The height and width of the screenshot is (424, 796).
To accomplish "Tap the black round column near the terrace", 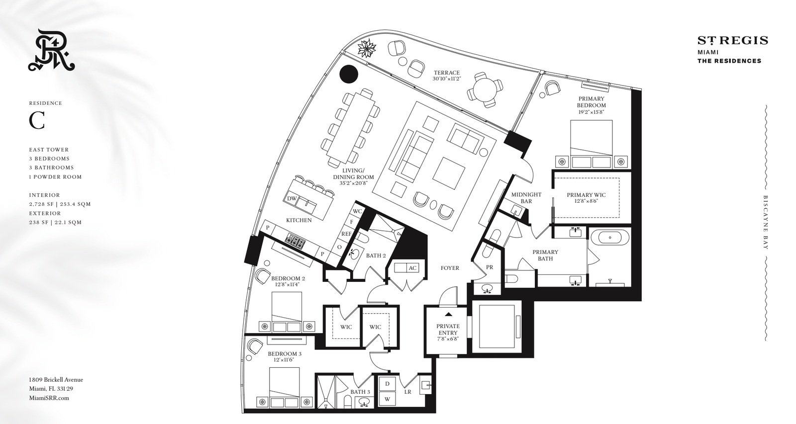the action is [x=349, y=74].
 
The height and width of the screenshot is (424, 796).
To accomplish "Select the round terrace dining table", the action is [x=485, y=89].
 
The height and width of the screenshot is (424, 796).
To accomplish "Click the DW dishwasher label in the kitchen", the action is [x=292, y=198].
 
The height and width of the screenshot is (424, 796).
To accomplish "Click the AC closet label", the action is [x=412, y=268].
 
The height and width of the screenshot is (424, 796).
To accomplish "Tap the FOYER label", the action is [x=450, y=268].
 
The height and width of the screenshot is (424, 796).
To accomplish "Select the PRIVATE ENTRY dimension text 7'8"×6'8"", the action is [x=448, y=339].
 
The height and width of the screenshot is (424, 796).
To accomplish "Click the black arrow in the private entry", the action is [x=448, y=314].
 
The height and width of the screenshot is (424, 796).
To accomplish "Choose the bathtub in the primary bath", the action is [x=610, y=237].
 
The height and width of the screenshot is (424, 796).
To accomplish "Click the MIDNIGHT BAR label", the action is [x=526, y=198].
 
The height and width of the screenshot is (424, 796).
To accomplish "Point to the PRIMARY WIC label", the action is [x=586, y=195].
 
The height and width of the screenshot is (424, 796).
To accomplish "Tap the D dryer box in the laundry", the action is [x=388, y=384].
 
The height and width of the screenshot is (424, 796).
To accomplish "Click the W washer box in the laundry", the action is [x=388, y=399].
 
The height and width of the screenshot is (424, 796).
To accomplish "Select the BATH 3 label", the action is [x=360, y=392].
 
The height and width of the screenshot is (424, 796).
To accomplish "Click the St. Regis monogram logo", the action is [x=52, y=50].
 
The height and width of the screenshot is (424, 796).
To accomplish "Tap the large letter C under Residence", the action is [x=37, y=121].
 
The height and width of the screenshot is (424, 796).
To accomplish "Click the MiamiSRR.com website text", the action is [x=49, y=398].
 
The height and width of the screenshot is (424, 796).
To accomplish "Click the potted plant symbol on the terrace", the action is [x=367, y=49].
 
